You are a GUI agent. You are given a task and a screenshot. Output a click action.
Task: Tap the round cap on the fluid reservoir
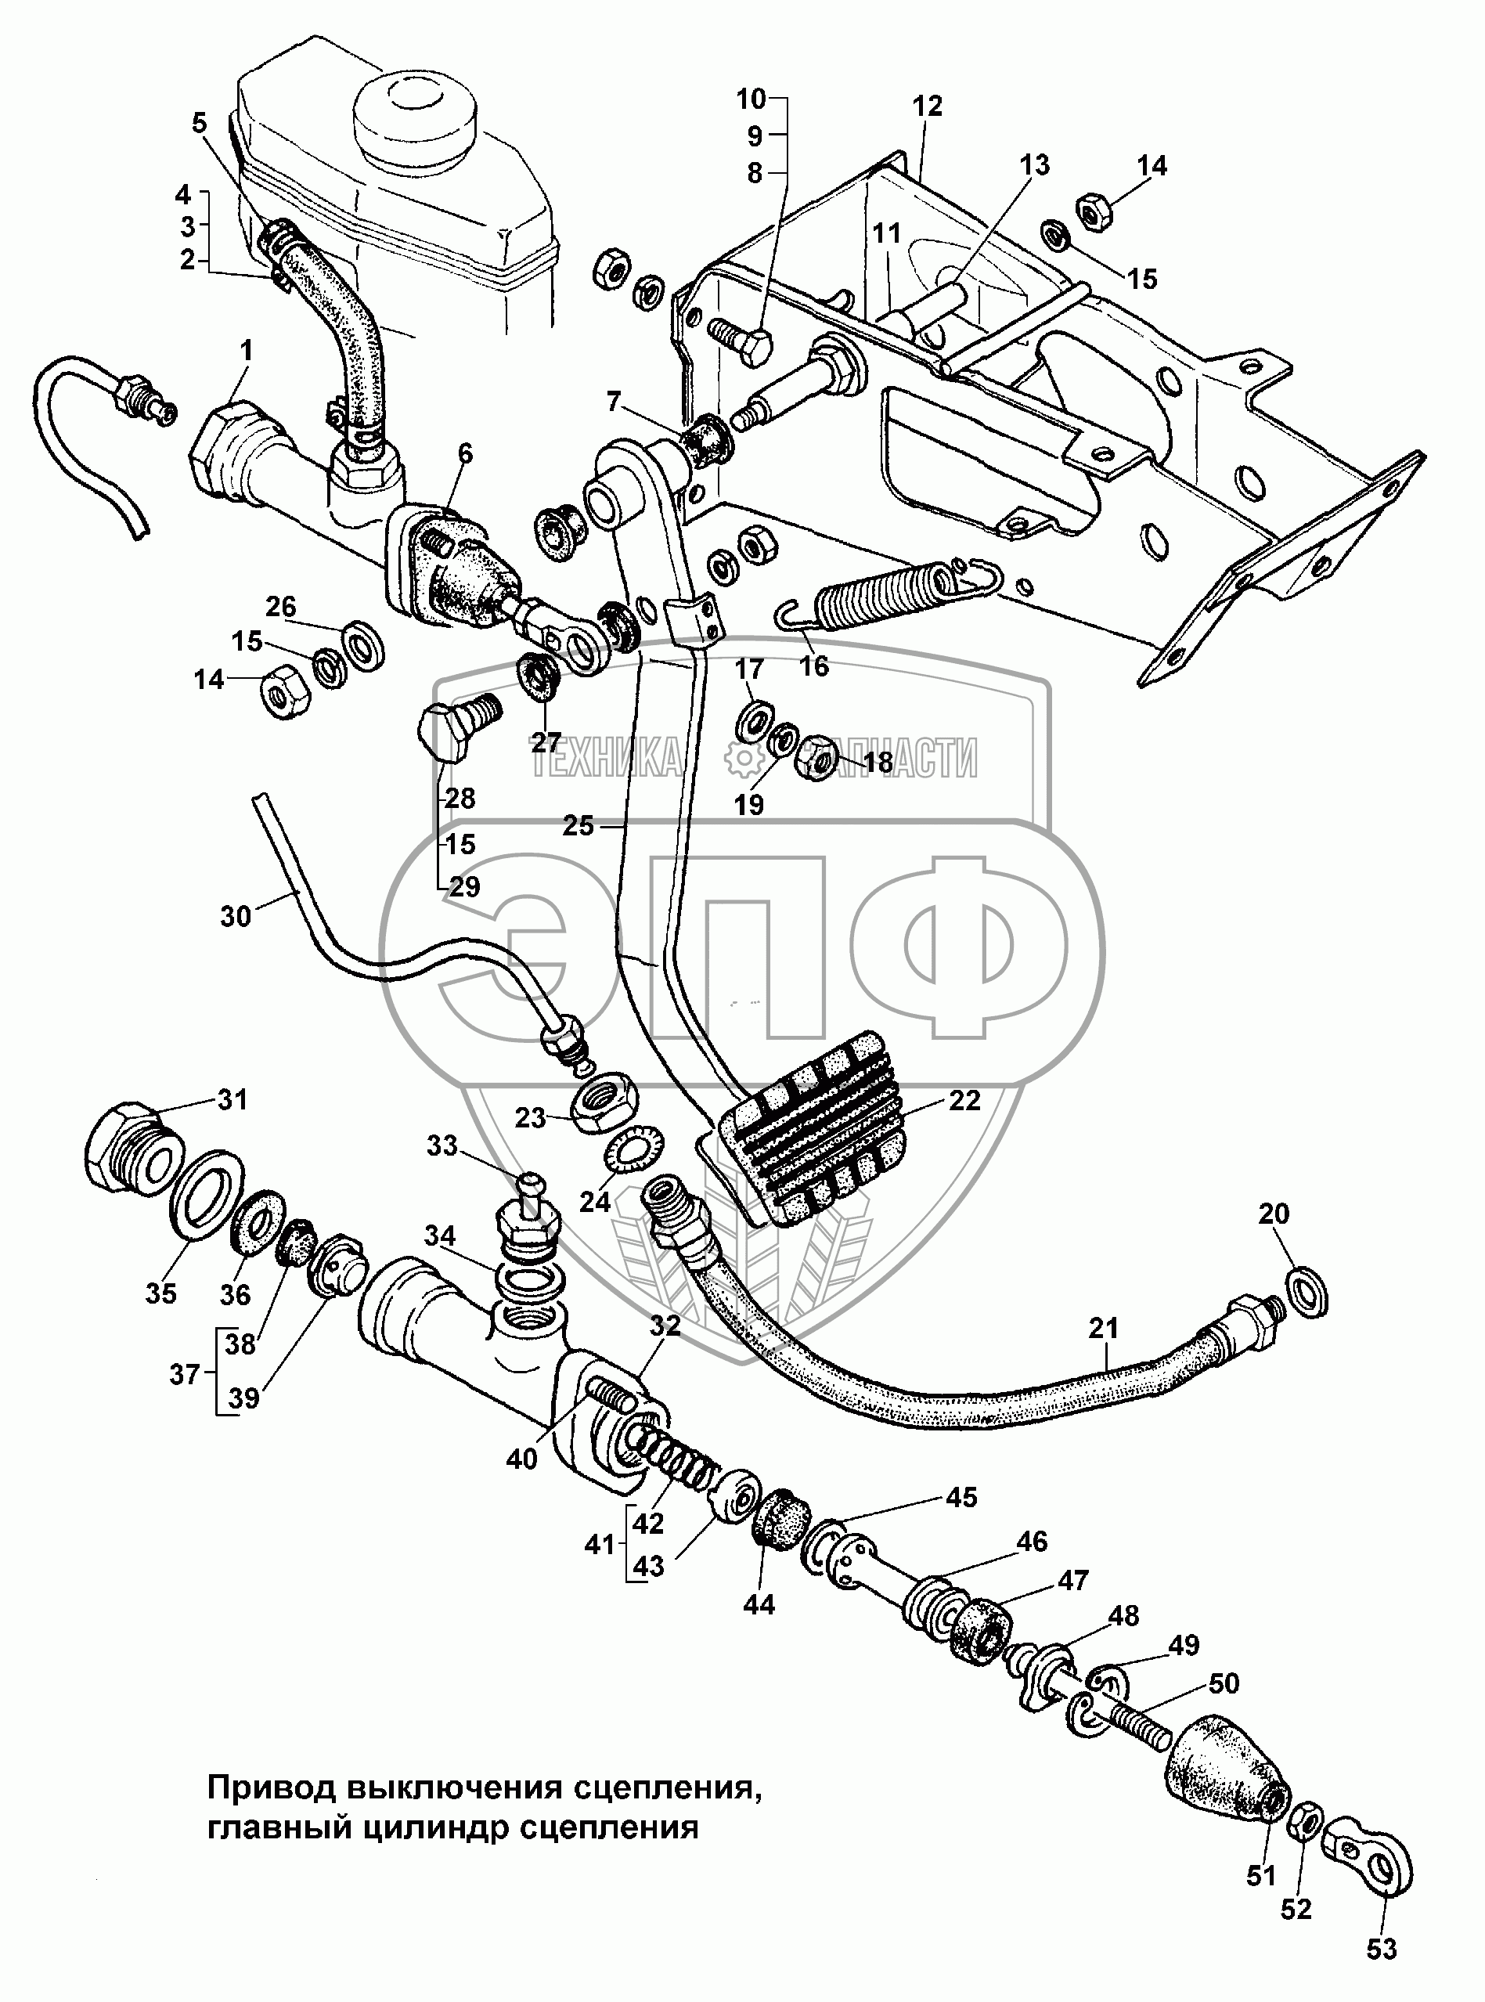pos(414,125)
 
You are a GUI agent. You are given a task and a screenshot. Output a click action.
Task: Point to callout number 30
pos(236,916)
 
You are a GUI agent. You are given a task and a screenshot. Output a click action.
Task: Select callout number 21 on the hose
pos(1104,1327)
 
